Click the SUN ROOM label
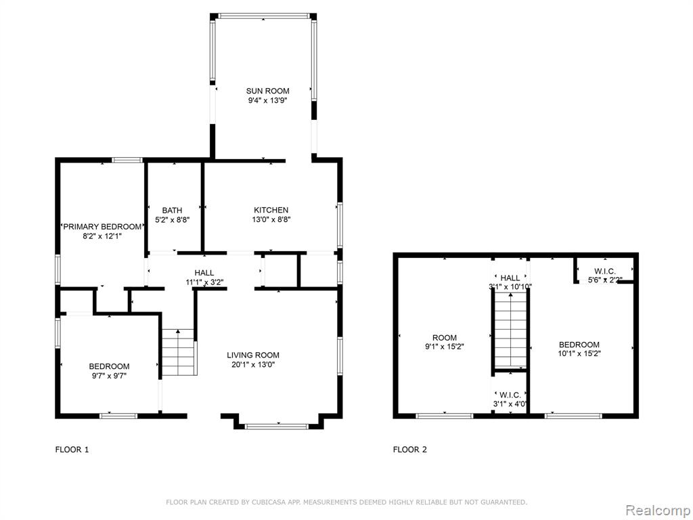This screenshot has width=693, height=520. (267, 91)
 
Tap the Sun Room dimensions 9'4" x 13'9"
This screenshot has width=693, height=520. (267, 101)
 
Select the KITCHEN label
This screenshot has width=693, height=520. (271, 210)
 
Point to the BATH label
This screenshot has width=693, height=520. (172, 210)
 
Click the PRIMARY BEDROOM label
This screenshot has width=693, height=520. (102, 227)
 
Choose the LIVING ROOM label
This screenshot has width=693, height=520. (253, 355)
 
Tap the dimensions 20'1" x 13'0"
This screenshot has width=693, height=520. (253, 365)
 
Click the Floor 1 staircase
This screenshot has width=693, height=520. (178, 352)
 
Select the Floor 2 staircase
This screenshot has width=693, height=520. (510, 330)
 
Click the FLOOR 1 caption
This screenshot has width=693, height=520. (72, 450)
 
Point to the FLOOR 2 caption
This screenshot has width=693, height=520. (410, 450)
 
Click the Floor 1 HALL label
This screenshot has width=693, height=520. (204, 273)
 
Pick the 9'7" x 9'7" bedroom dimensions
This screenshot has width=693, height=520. (109, 376)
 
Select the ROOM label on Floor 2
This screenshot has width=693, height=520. (445, 338)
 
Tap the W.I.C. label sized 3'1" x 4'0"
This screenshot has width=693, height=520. (510, 395)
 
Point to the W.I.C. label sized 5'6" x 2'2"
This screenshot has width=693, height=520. (604, 271)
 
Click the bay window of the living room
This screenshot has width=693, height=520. (276, 427)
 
